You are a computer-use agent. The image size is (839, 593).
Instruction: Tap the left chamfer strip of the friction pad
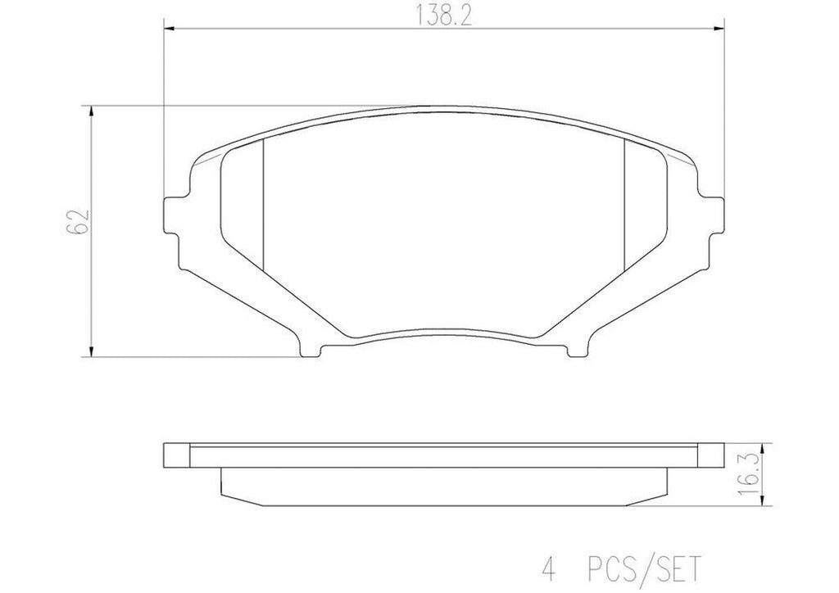click(x=243, y=205)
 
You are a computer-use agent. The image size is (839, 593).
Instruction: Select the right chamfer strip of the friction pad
click(x=644, y=205)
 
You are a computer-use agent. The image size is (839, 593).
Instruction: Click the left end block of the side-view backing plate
click(x=178, y=455)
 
